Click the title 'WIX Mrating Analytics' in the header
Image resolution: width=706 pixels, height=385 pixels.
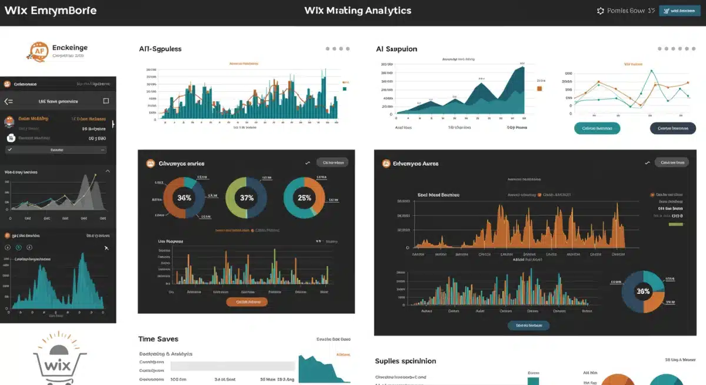tap(358, 11)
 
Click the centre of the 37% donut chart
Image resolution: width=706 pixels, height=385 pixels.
tap(247, 198)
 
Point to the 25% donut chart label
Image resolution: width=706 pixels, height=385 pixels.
tap(304, 198)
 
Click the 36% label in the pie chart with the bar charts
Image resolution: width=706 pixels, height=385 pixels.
tap(643, 291)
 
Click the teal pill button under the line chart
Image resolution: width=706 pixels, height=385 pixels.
tap(597, 128)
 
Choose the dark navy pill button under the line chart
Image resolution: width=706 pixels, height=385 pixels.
tap(672, 128)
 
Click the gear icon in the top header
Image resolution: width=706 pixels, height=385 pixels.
tap(600, 11)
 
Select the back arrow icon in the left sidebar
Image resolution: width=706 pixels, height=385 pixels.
tap(8, 101)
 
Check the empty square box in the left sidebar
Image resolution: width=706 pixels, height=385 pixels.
tap(106, 101)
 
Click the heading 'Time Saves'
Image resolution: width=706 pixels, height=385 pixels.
tap(158, 339)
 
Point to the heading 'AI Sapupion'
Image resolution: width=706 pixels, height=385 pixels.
tap(397, 49)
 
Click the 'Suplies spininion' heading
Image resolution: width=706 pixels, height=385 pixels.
tap(405, 361)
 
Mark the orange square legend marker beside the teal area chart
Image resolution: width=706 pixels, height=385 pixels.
tap(539, 88)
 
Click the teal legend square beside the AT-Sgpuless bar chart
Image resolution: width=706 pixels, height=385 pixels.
tap(344, 89)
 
